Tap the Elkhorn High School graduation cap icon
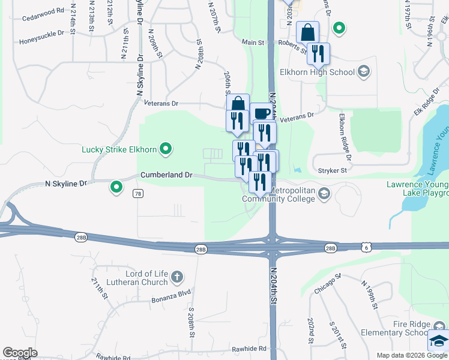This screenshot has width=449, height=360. [x=363, y=72]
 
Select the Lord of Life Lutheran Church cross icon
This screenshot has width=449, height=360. [x=176, y=277]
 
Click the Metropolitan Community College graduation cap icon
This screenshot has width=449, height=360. [x=324, y=193]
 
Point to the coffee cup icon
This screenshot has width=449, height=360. [x=262, y=113]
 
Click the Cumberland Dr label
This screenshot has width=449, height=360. [x=166, y=175]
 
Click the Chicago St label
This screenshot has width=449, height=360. [x=327, y=284]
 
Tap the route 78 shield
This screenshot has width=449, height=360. [x=139, y=193]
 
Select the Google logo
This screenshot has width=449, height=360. [x=19, y=353]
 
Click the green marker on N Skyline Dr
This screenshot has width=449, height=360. [x=116, y=188]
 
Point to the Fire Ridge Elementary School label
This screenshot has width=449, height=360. [x=394, y=328]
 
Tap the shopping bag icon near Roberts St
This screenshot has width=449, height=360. [x=307, y=32]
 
